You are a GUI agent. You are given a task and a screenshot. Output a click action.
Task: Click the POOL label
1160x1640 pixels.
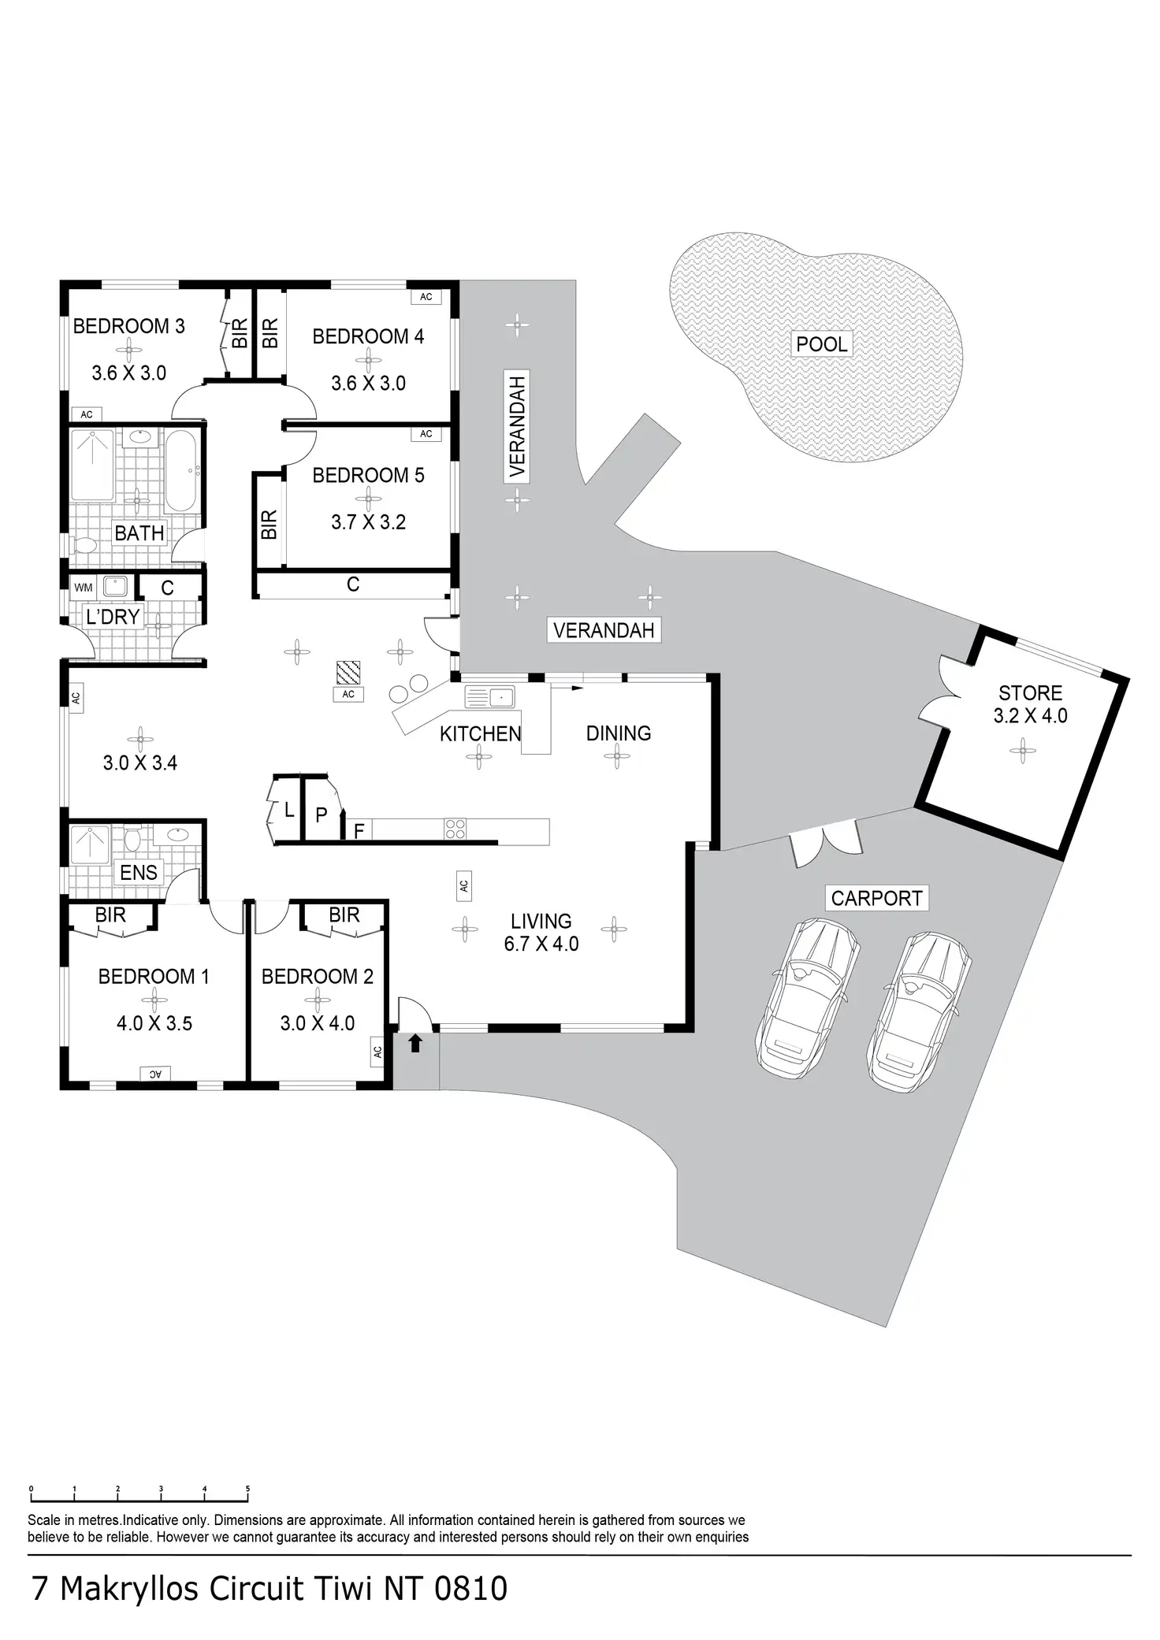pos(822,344)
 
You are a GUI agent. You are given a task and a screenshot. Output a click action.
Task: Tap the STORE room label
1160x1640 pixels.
pos(1030,693)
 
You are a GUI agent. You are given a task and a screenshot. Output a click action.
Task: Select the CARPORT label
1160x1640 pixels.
pos(876,898)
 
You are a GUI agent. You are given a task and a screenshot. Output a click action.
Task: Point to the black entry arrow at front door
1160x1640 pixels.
pos(415,1044)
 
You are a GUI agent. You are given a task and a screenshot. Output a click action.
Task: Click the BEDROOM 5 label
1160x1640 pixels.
pos(368,476)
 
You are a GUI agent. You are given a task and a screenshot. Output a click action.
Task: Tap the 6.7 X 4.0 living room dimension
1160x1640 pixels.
pos(541,944)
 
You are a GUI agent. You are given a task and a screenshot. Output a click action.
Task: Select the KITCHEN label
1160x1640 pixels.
pos(480,734)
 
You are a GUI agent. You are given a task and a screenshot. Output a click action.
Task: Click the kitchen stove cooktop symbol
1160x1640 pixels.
pos(455,829)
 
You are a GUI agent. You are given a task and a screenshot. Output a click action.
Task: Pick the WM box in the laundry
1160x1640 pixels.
pos(84,588)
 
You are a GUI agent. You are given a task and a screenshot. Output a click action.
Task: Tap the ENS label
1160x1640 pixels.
pos(139,872)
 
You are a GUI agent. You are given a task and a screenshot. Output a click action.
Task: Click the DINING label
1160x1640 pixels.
pos(619,733)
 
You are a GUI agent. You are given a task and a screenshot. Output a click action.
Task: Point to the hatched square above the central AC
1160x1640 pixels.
pos(348,672)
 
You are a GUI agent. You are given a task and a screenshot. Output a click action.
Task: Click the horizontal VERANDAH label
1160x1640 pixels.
pos(604,630)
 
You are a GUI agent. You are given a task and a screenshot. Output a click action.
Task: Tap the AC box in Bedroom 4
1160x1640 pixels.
pos(426,297)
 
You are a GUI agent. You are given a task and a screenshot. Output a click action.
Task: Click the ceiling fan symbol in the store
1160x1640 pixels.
pos(1023,749)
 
